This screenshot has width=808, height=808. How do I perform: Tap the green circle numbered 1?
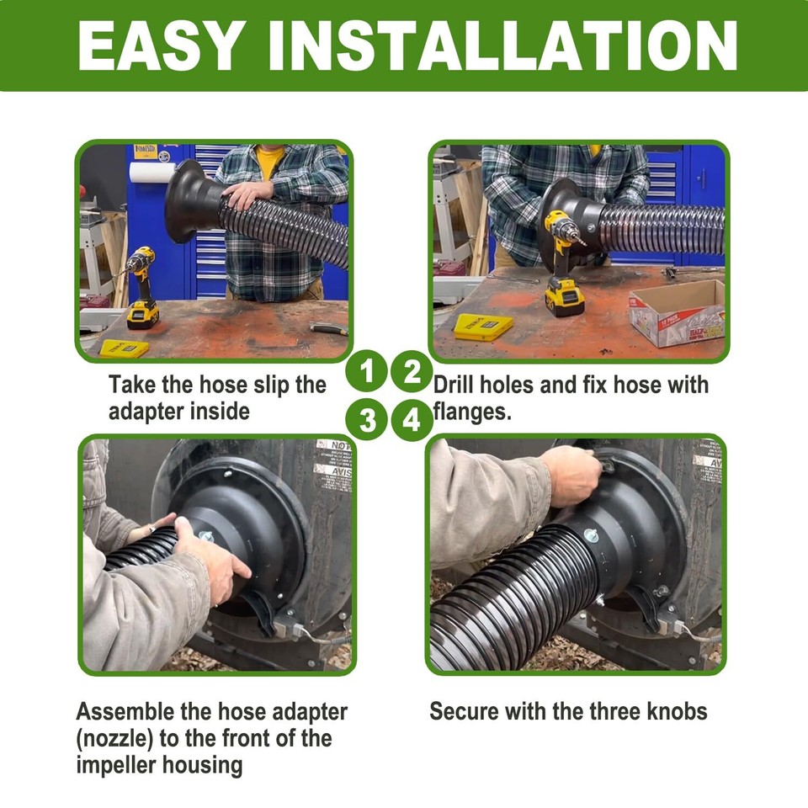tap(367, 372)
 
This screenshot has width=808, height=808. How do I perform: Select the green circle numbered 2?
tap(412, 372)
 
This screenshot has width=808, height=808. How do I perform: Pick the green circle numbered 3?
tap(367, 418)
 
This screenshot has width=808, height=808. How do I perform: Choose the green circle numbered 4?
tap(412, 418)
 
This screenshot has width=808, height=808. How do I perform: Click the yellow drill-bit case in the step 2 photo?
tap(483, 326)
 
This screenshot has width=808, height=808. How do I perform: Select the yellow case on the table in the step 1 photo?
tap(124, 348)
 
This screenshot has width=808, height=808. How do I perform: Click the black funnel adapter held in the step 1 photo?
tap(190, 201)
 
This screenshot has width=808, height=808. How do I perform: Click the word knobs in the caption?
tap(672, 711)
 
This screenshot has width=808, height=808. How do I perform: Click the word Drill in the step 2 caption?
tap(454, 385)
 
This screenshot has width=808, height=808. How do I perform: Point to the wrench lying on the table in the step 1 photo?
tap(327, 328)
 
